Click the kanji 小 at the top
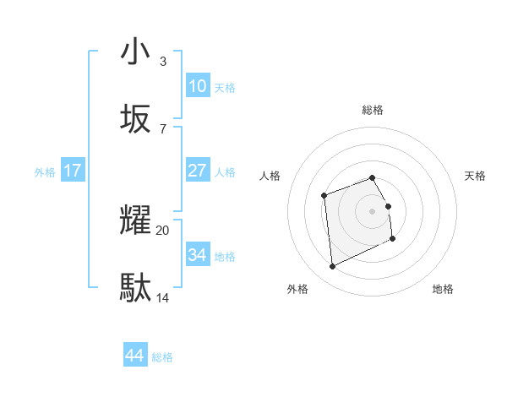(x=135, y=52)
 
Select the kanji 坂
(x=135, y=119)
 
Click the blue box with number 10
(x=197, y=86)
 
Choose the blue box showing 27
(x=197, y=171)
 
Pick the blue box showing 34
(x=197, y=255)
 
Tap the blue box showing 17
(x=73, y=171)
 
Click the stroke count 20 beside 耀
(x=163, y=230)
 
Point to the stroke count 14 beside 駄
(x=163, y=297)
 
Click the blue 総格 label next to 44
(x=162, y=357)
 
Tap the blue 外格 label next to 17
(x=45, y=172)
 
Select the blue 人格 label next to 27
(x=225, y=172)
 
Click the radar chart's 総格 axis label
(x=373, y=110)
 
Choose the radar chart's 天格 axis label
(x=476, y=176)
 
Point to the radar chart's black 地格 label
(x=443, y=289)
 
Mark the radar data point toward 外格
(x=332, y=267)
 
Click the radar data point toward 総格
(x=373, y=178)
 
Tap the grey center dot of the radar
(x=373, y=209)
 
